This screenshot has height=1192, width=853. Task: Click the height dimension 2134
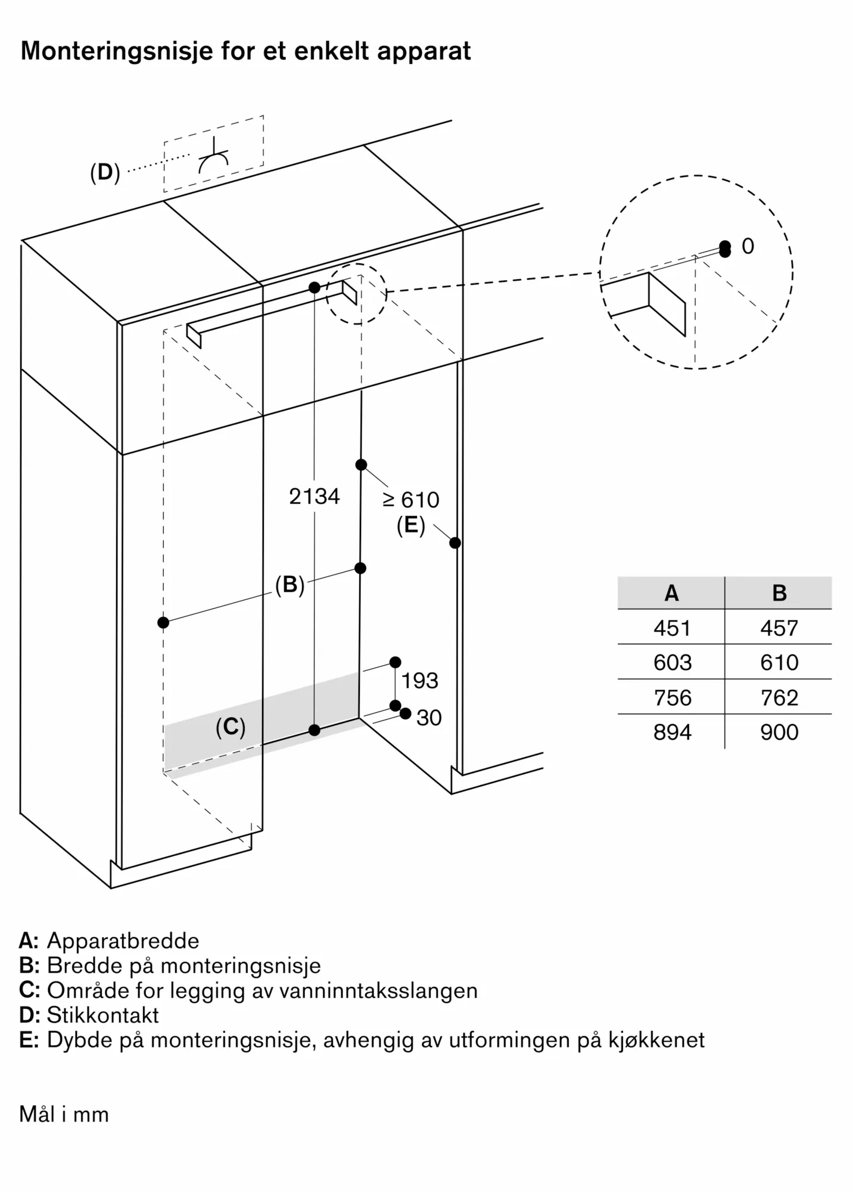(314, 496)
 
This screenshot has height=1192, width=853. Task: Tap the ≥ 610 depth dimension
(411, 499)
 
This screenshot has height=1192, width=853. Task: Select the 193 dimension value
(419, 681)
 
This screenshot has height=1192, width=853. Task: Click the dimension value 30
(429, 718)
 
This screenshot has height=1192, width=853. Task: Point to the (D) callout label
(105, 173)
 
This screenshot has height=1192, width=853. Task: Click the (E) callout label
(411, 526)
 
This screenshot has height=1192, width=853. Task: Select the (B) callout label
(290, 585)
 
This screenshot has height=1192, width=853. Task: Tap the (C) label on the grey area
(231, 727)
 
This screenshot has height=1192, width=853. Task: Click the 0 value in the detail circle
(748, 246)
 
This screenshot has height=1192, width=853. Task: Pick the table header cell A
(671, 593)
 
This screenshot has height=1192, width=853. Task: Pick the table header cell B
(779, 593)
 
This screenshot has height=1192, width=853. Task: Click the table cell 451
(672, 628)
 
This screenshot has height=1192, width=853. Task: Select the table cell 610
(779, 663)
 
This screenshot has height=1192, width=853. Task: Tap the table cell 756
(672, 698)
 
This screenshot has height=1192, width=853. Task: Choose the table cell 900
(779, 732)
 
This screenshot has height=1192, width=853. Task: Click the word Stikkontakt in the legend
(103, 1015)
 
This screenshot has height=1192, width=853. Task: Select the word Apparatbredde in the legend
(123, 941)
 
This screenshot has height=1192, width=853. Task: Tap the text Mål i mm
(64, 1114)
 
